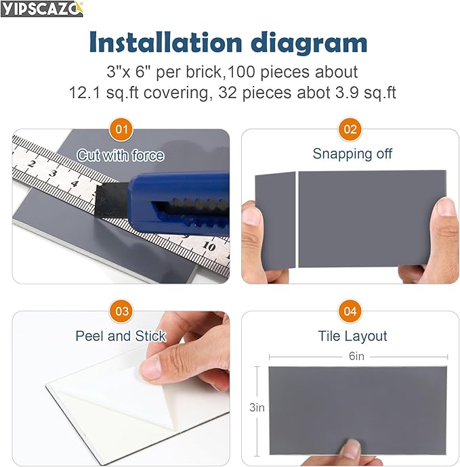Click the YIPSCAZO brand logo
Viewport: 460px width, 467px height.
click(42, 9)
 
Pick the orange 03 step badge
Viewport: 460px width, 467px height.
click(121, 311)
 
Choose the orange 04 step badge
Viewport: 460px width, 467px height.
click(350, 311)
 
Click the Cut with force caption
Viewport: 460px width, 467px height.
click(121, 156)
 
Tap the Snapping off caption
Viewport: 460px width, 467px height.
click(352, 154)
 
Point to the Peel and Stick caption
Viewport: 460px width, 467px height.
click(121, 336)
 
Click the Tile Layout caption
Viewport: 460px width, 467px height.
click(352, 336)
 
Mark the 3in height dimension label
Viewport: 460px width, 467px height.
click(257, 407)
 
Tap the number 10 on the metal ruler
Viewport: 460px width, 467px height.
click(210, 247)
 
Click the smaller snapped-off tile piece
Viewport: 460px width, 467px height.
click(275, 218)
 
